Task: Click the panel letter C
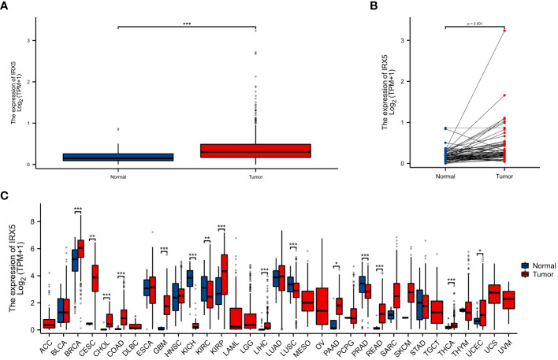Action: click(x=6, y=188)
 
